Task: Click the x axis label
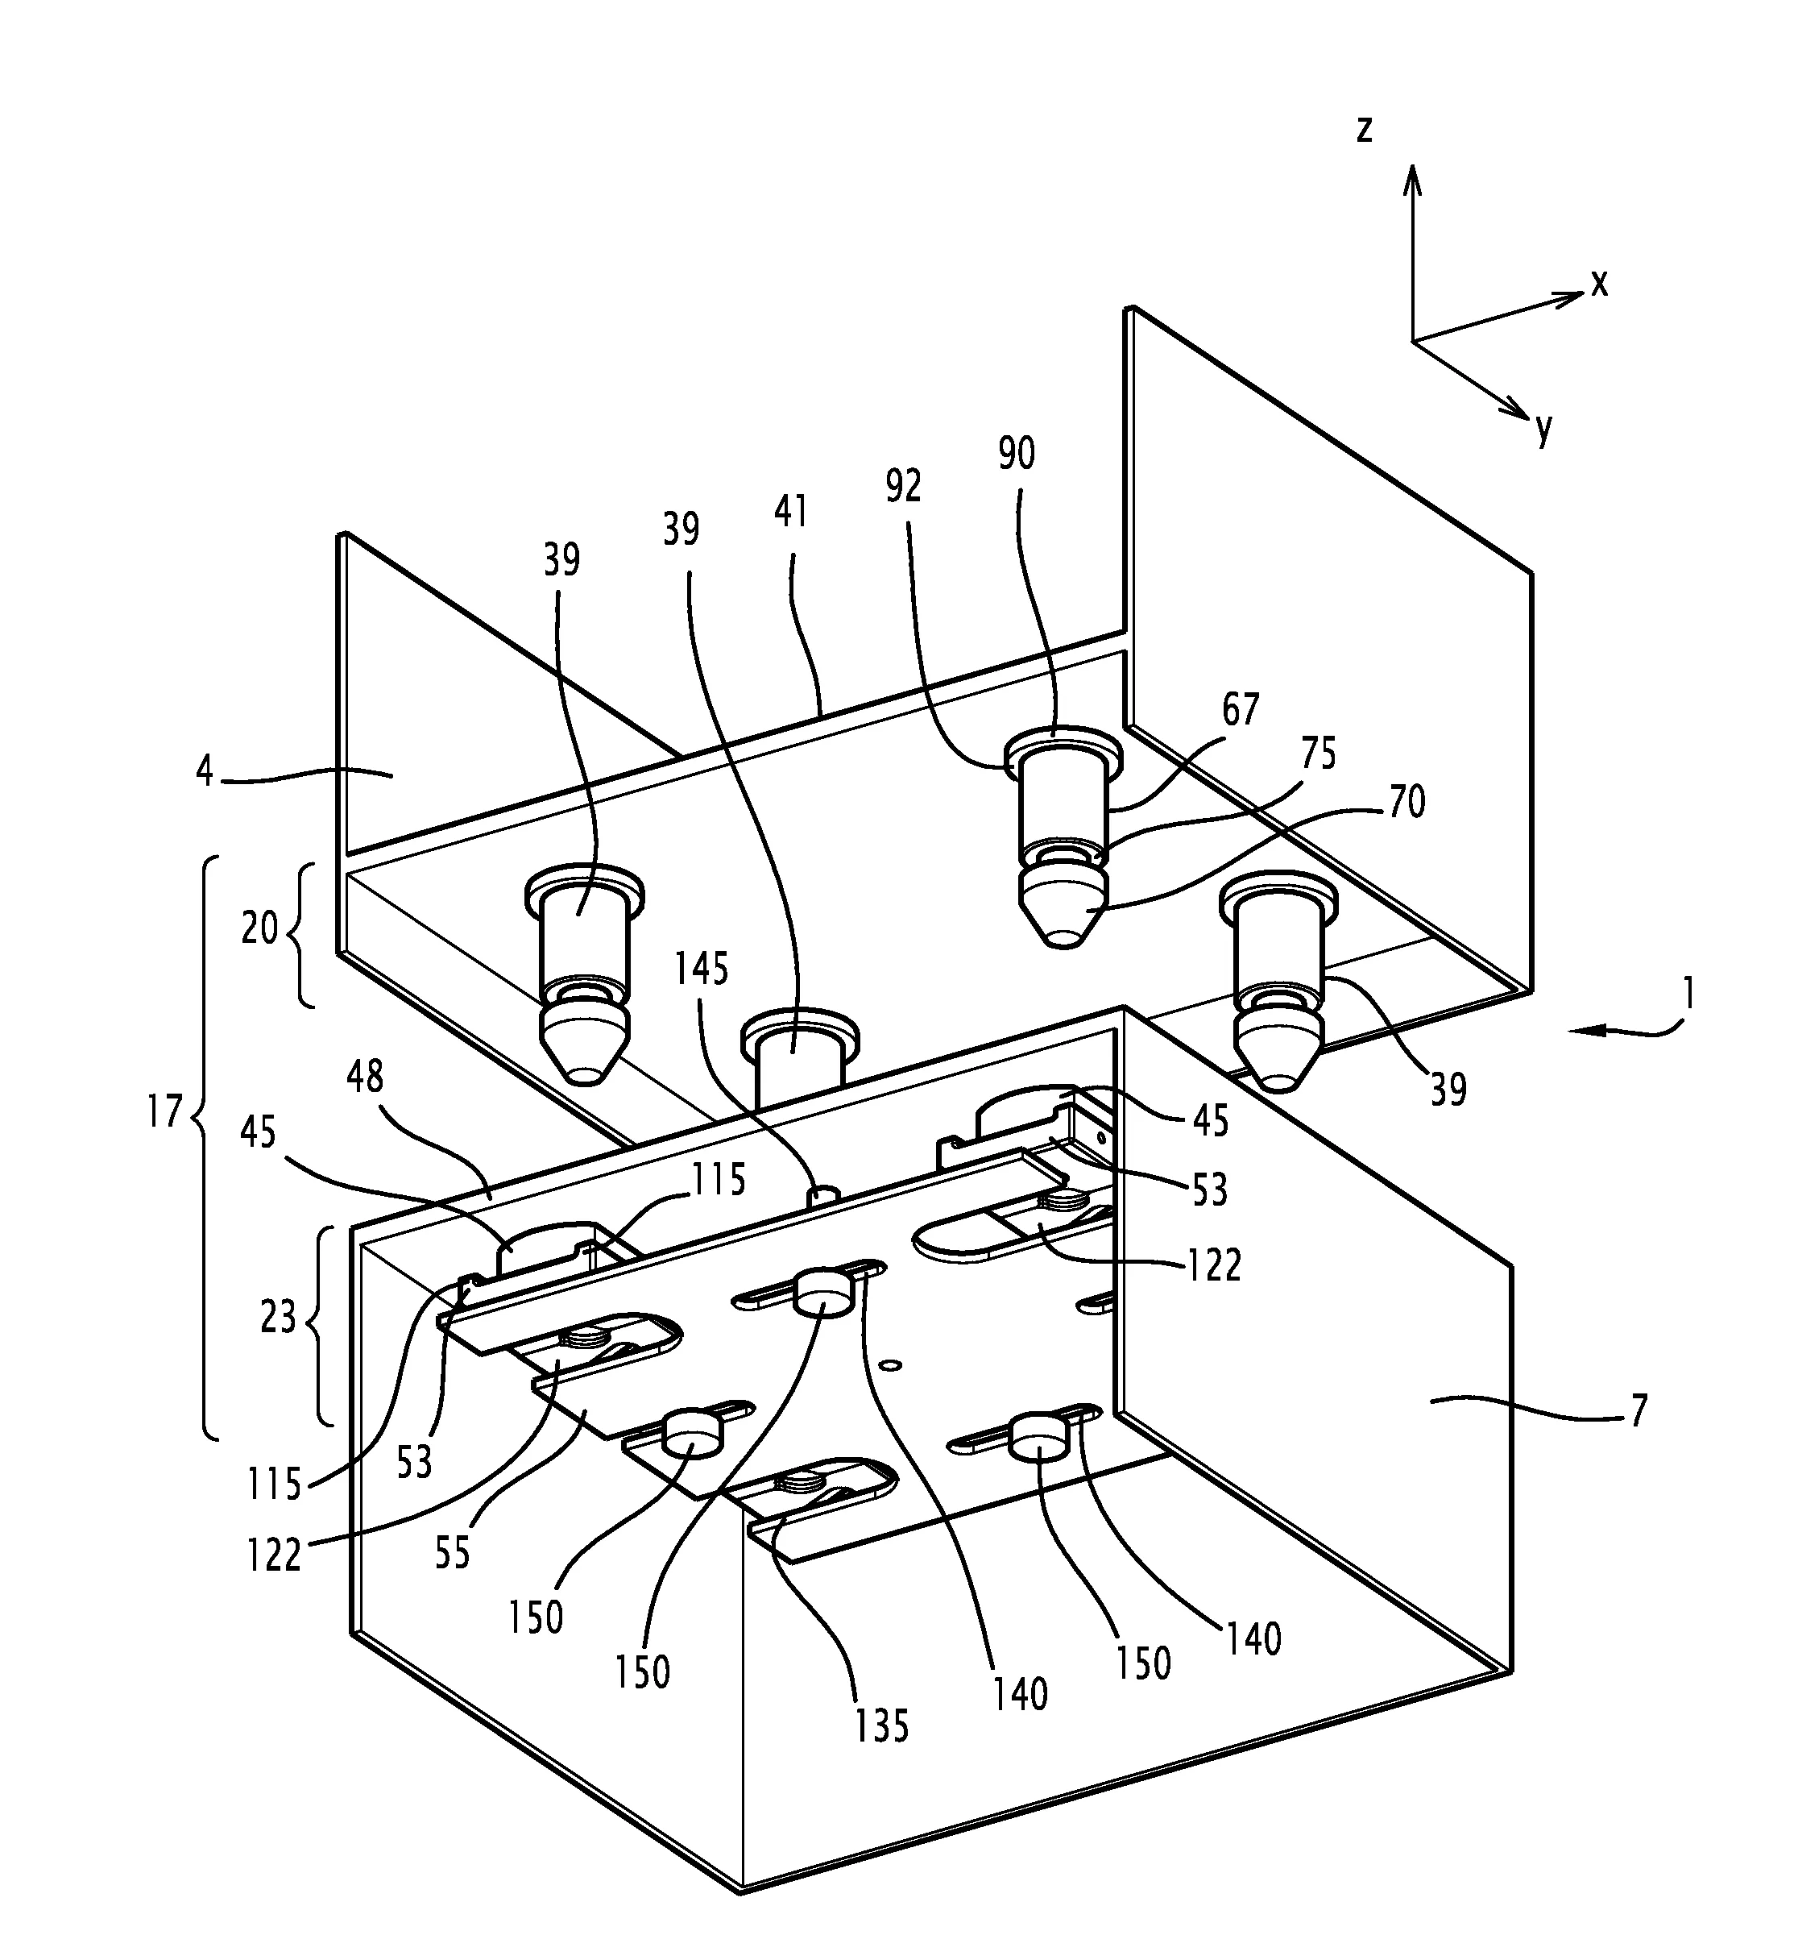(x=1600, y=283)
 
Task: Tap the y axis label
(x=1544, y=427)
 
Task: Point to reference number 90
(x=1017, y=454)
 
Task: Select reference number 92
(x=903, y=486)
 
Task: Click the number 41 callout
(x=791, y=512)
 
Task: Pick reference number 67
(x=1241, y=709)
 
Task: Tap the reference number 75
(x=1319, y=754)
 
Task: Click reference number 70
(x=1406, y=802)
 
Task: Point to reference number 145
(x=702, y=969)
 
